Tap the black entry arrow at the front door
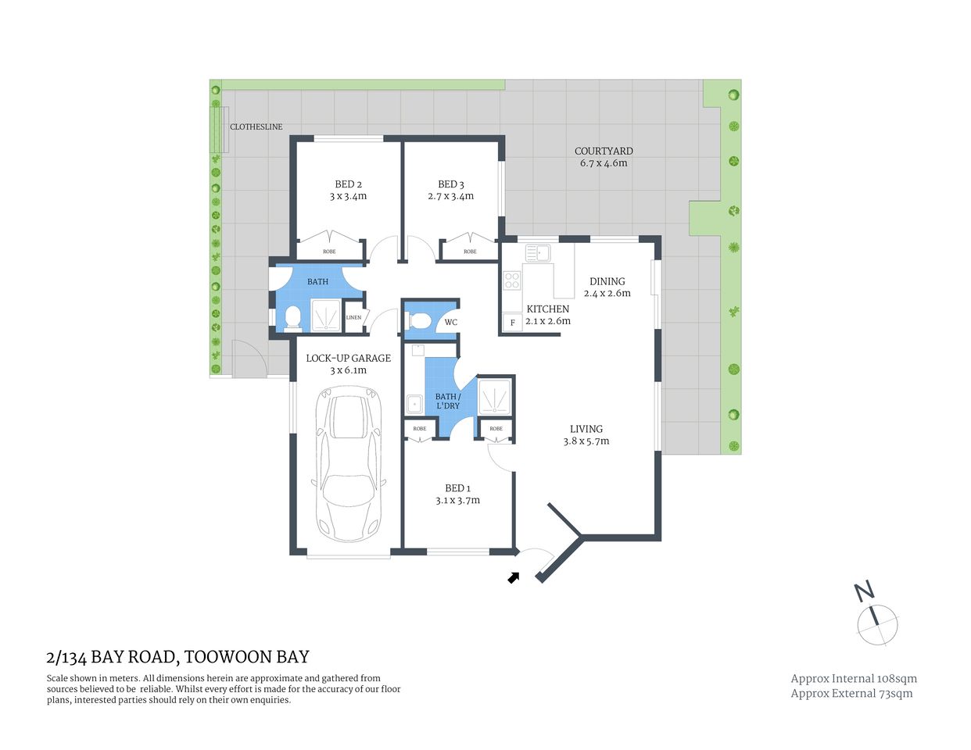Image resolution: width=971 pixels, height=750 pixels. coord(514,577)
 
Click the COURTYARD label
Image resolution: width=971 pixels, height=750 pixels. coord(604,151)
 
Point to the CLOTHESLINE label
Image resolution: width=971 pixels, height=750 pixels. coord(256,127)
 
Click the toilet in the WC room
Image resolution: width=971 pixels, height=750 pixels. coord(419,320)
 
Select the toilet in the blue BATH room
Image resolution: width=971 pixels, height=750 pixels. coord(293,318)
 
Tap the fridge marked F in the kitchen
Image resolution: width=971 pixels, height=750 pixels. coord(513,322)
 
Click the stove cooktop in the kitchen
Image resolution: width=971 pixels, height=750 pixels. coord(513,280)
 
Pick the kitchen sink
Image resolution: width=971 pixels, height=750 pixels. coord(538,253)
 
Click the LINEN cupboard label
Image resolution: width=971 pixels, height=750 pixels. coord(353,317)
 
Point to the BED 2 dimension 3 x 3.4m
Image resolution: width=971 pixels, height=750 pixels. coord(348,197)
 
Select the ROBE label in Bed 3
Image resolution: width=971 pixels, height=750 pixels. coord(470,252)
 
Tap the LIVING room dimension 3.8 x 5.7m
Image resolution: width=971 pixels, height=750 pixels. coord(586,441)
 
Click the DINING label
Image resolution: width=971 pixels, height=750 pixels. coord(607,281)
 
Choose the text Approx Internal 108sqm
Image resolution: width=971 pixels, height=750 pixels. coord(854,679)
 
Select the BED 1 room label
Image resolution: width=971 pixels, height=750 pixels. coord(457,488)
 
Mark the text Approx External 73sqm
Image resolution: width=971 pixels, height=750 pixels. coord(851,693)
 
